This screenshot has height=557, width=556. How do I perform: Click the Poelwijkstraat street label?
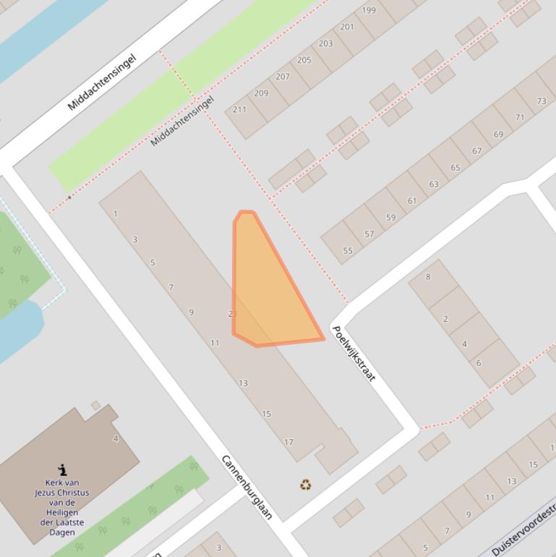354,353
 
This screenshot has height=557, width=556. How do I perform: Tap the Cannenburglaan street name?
247,487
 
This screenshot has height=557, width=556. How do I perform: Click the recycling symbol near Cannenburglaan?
305,484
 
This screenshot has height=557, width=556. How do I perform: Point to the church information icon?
63,469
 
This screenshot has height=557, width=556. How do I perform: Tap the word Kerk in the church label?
46,482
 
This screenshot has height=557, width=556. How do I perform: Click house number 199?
369,10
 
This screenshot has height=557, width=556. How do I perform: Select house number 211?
239,110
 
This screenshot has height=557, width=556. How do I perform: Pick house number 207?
283,77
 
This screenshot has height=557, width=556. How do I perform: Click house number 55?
348,251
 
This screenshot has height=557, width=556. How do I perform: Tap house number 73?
542,101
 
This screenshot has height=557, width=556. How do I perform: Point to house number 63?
434,184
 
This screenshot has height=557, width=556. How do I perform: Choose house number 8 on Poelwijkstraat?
428,277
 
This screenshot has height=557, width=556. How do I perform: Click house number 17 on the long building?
288,442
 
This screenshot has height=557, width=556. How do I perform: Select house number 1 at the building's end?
116,214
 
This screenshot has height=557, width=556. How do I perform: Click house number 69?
498,135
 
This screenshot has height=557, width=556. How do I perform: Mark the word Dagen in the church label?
62,532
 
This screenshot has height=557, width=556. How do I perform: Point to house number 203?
326,43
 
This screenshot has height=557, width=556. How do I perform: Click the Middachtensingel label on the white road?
101,82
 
